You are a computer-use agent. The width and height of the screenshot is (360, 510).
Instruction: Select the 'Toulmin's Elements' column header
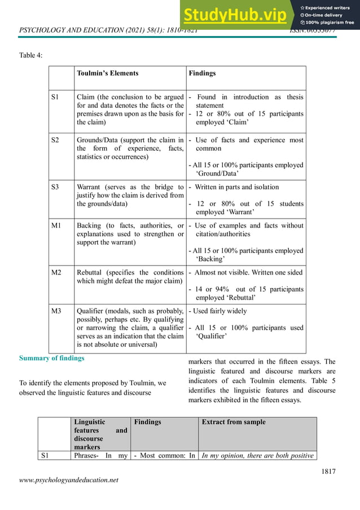click(107, 73)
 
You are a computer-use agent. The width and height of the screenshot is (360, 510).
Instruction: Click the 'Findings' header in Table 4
click(202, 73)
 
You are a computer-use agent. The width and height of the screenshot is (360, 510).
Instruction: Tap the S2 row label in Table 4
click(56, 140)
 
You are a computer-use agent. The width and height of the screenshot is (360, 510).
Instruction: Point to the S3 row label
click(56, 186)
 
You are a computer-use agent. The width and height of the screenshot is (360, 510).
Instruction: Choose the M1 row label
click(56, 225)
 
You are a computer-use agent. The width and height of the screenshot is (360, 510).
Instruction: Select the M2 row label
click(56, 272)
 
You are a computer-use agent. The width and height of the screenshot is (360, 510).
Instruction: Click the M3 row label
click(56, 311)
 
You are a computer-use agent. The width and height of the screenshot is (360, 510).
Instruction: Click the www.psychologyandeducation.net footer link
click(69, 480)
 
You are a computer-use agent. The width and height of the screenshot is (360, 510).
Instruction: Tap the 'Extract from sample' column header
click(233, 422)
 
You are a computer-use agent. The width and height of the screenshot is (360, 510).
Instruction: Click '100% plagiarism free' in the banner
click(330, 23)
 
